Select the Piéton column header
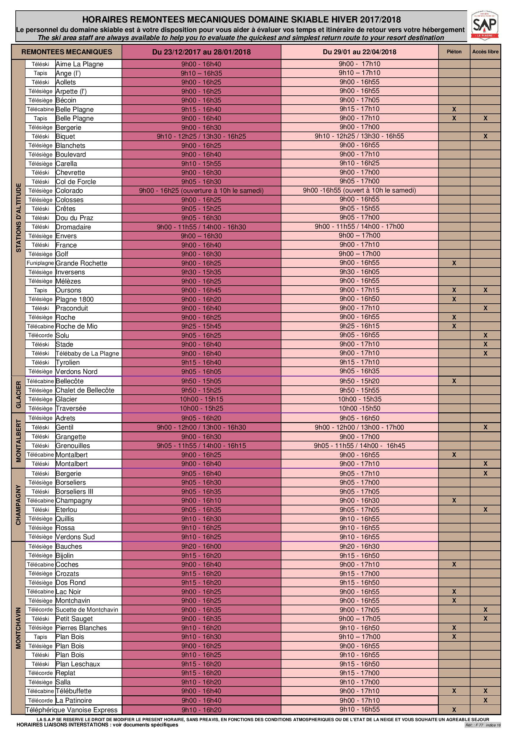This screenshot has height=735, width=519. click(454, 52)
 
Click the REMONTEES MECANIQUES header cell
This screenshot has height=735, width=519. click(67, 52)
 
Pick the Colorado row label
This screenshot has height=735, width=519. click(70, 191)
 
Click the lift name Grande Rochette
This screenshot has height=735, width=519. click(82, 263)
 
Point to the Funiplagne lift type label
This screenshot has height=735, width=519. click(40, 263)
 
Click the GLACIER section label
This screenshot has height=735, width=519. click(18, 394)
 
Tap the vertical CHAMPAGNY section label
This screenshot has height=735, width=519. click(18, 505)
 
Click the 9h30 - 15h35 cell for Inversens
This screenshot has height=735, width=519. click(201, 272)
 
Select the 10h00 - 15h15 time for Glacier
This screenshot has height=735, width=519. click(201, 399)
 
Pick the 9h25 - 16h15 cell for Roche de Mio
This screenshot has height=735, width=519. click(360, 326)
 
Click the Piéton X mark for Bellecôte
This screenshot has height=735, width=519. click(454, 381)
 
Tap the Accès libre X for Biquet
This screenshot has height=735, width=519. click(485, 136)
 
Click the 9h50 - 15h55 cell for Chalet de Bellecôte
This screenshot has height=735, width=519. click(360, 390)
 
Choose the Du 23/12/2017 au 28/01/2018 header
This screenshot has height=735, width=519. click(201, 52)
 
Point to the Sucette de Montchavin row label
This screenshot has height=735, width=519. click(87, 609)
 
